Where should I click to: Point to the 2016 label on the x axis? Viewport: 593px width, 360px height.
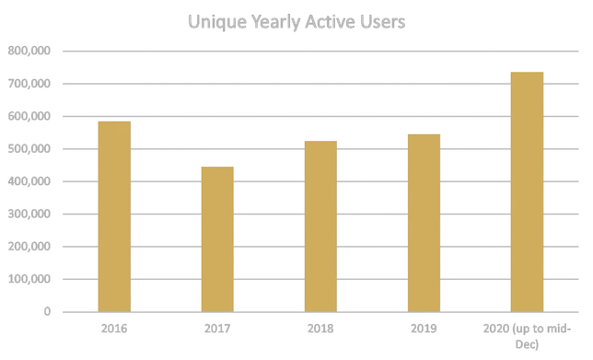[x=113, y=326]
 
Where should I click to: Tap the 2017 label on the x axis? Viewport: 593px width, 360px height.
[x=217, y=326]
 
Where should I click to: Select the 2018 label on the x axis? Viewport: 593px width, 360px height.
[x=320, y=326]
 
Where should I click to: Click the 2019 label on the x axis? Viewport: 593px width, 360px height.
[x=424, y=326]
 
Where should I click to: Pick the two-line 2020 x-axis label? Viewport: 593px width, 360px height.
[x=528, y=332]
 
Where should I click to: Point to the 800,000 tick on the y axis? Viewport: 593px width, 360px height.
[x=29, y=52]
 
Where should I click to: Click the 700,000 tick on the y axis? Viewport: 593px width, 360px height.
[x=29, y=85]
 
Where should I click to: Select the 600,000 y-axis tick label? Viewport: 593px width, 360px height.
[x=29, y=117]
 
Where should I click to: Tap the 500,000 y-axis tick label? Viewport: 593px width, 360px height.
[x=29, y=149]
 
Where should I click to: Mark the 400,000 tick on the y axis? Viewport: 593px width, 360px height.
[x=29, y=181]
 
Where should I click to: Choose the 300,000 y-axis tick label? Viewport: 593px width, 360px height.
[x=29, y=214]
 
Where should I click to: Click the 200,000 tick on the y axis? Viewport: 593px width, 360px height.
[x=29, y=247]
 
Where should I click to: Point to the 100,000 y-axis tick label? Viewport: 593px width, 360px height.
[x=29, y=279]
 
